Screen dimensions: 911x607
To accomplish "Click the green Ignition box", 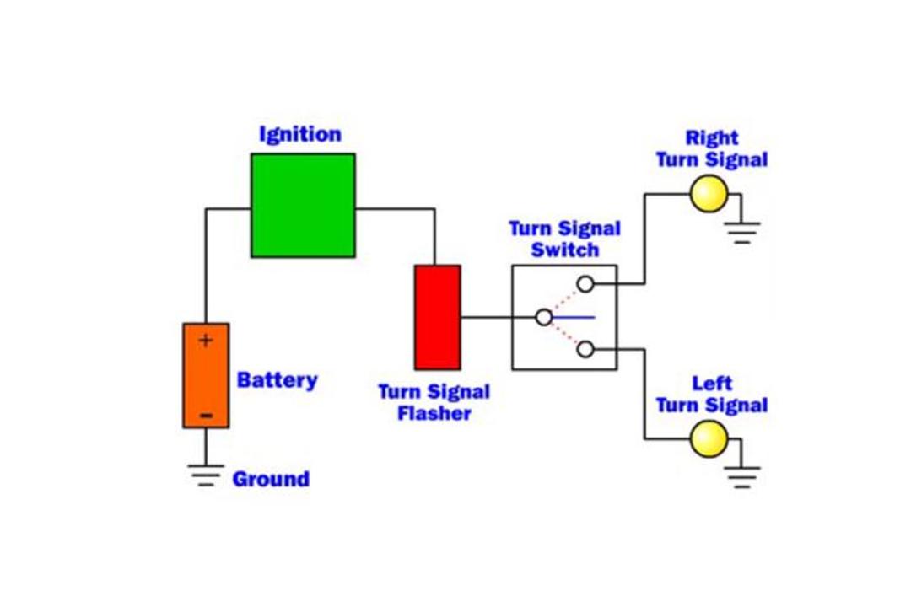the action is click(303, 205).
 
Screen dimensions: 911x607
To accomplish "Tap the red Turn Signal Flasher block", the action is click(438, 317).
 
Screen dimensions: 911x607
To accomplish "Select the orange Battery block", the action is click(206, 376).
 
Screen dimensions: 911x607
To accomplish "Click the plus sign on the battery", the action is click(206, 341).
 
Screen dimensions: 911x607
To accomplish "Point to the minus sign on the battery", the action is click(206, 416).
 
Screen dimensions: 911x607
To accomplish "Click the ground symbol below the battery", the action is click(206, 475).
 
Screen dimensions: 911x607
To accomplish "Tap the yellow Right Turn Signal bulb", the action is click(709, 194).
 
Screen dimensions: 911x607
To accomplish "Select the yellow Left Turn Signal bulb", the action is click(709, 438).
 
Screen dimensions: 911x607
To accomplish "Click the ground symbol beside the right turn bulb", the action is click(742, 233).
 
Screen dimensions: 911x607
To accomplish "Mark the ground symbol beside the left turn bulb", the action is click(742, 477).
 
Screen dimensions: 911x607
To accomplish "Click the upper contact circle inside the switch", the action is click(585, 284).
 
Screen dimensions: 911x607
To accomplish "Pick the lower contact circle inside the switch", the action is click(585, 349).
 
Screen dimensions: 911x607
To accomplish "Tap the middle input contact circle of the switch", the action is click(544, 318).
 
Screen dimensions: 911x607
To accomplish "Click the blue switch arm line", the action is click(574, 318).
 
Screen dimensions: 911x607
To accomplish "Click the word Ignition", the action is click(299, 135).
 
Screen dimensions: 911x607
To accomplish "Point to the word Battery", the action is click(278, 380).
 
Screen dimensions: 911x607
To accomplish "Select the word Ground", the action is click(271, 479).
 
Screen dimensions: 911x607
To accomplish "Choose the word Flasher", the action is click(434, 414).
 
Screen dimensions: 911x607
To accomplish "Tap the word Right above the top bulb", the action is click(712, 138).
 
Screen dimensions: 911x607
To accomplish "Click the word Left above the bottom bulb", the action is click(712, 384).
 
